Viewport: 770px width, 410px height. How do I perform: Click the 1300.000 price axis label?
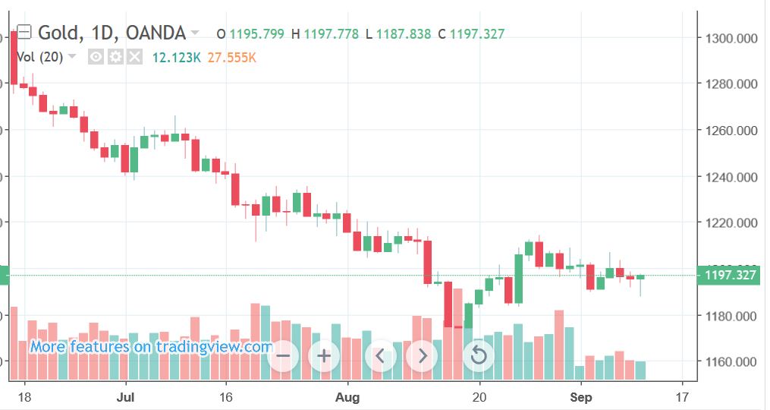point(731,38)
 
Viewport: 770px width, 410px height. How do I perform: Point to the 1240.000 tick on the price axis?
point(731,177)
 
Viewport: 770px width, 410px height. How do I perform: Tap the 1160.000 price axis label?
point(731,361)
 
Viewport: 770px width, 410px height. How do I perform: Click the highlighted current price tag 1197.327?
point(731,275)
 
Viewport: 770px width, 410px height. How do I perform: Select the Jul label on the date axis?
point(126,396)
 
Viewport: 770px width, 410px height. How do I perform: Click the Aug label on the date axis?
point(347,396)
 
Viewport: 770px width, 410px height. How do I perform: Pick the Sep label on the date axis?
point(580,396)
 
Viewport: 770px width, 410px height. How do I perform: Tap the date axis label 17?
point(681,396)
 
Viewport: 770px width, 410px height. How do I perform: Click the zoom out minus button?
point(283,355)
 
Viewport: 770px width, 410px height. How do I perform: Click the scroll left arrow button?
point(381,355)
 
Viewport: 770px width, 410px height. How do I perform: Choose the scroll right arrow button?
point(423,355)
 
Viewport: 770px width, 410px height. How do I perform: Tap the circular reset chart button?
point(478,355)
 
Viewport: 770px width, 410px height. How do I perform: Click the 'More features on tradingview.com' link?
point(151,347)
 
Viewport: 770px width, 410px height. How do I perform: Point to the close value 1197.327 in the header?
point(476,34)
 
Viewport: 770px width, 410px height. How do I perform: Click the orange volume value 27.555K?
point(232,57)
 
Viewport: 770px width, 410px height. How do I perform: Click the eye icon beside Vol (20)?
point(96,57)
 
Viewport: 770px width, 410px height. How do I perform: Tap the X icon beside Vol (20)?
point(134,57)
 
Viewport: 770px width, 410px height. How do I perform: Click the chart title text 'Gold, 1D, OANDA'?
point(112,33)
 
